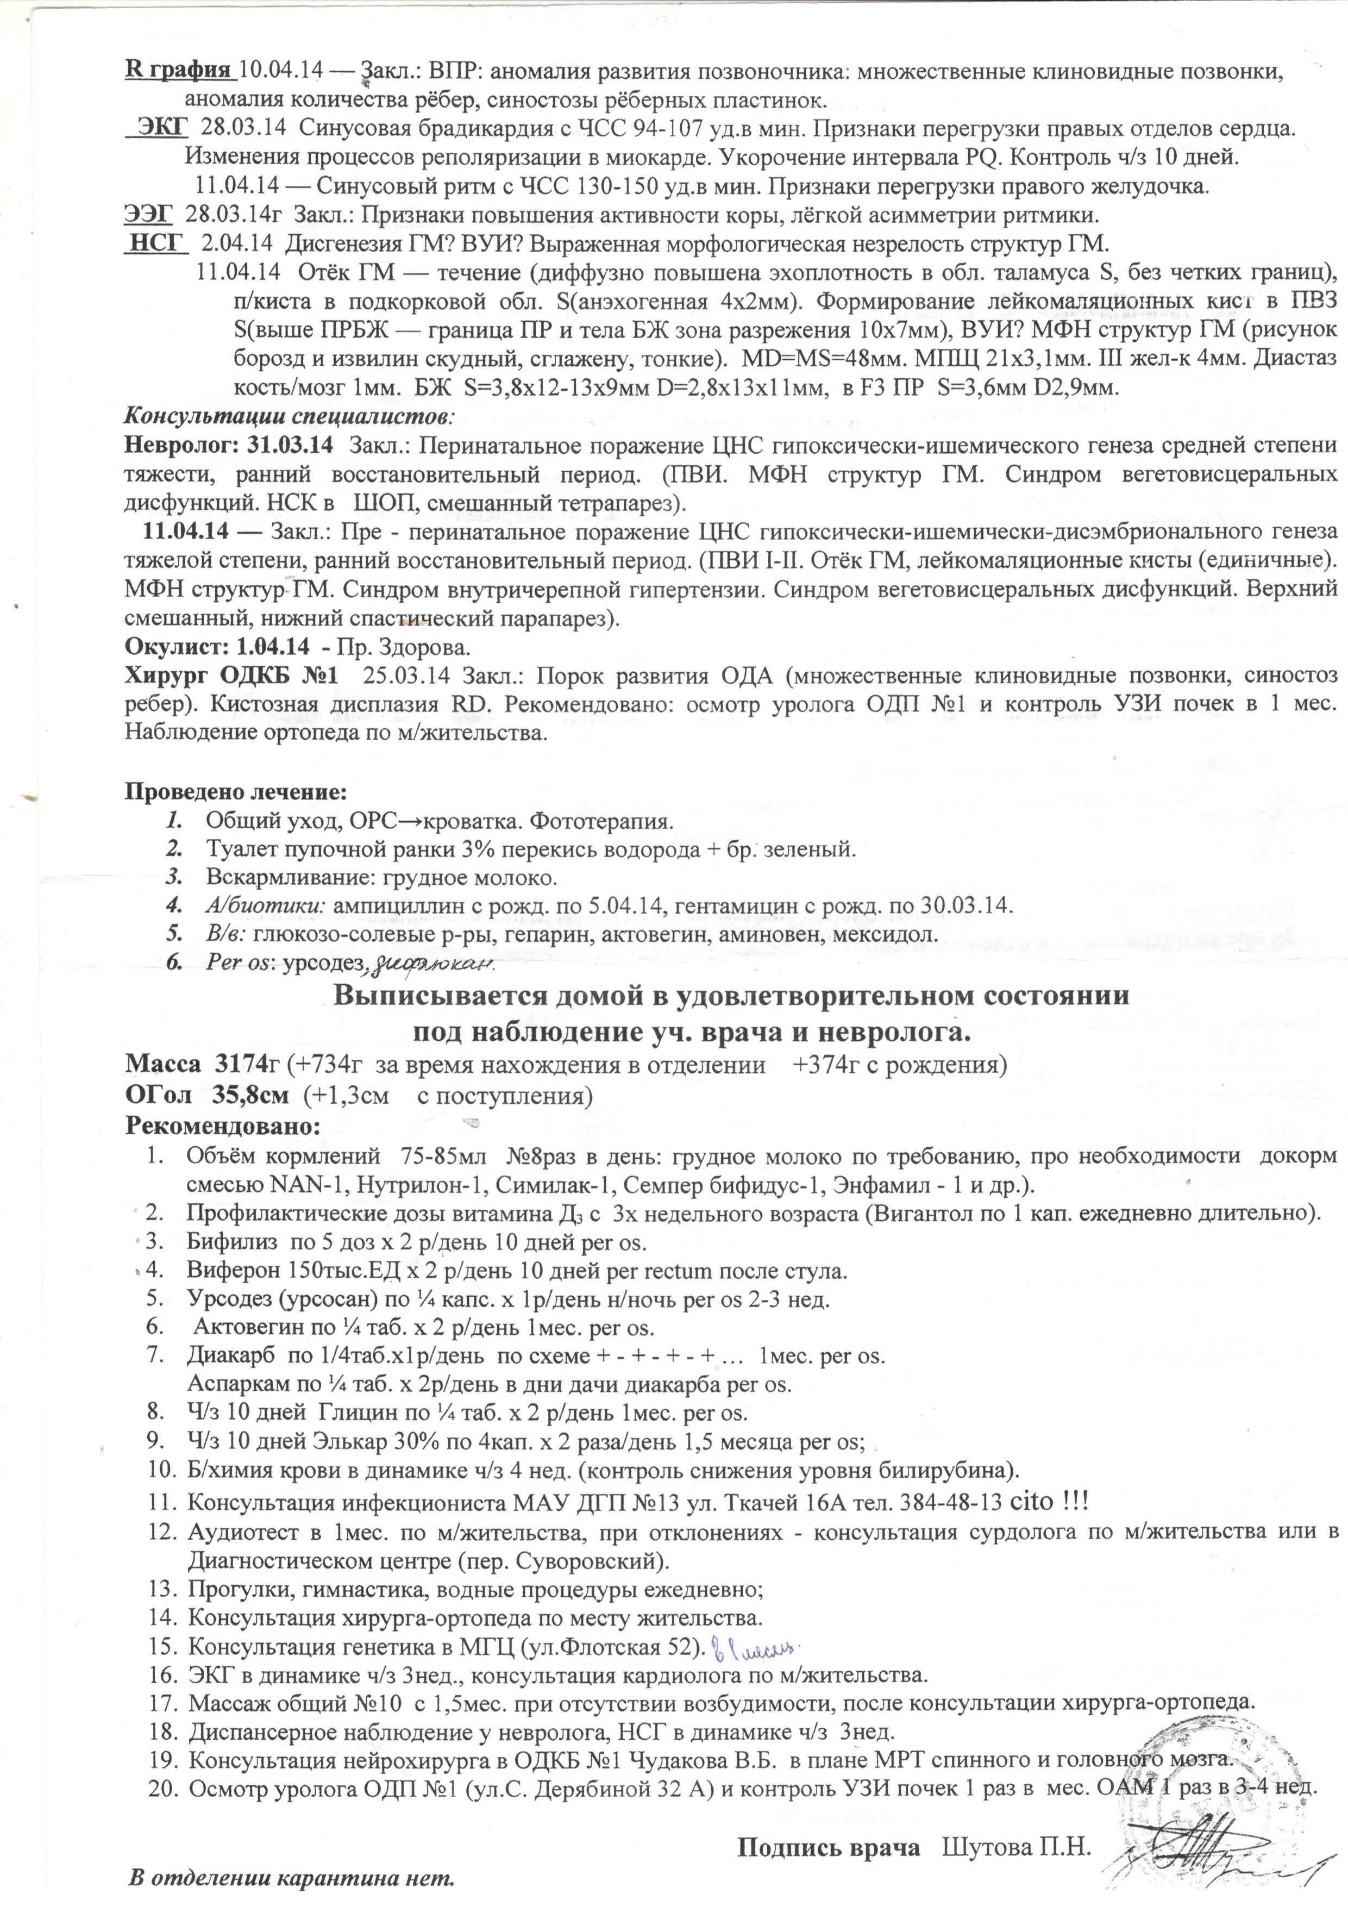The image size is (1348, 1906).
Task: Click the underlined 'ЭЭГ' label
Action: [148, 215]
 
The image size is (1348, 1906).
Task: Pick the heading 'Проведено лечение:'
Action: [236, 791]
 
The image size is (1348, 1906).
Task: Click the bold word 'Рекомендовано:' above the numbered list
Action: [222, 1126]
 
